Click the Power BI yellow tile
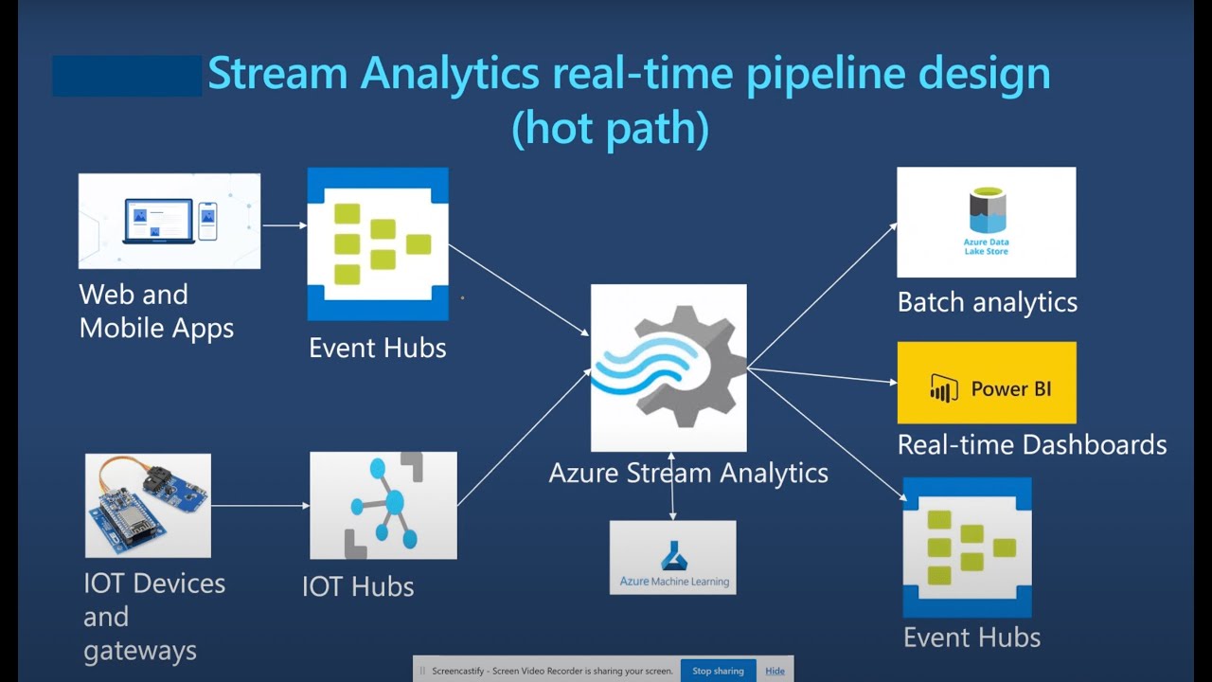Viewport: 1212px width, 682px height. click(x=987, y=383)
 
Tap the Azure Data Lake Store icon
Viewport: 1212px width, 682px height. click(x=986, y=222)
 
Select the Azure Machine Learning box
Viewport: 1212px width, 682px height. click(x=672, y=557)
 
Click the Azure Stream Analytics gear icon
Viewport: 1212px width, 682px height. click(x=668, y=368)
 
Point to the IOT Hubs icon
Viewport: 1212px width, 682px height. click(x=383, y=505)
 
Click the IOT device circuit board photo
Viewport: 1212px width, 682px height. click(x=148, y=505)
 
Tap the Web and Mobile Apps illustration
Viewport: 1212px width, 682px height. click(x=169, y=221)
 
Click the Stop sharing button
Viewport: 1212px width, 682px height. click(x=718, y=671)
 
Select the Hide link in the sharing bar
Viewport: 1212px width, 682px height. click(x=775, y=671)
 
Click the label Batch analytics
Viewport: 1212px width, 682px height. click(x=987, y=302)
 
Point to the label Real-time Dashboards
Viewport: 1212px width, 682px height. click(x=1031, y=444)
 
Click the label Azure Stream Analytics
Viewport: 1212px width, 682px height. click(x=688, y=473)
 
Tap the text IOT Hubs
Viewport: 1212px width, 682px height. click(x=358, y=586)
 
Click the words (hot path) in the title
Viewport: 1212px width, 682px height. click(x=610, y=128)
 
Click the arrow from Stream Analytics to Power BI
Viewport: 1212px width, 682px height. click(x=822, y=375)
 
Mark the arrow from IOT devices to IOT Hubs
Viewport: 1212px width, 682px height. click(x=260, y=506)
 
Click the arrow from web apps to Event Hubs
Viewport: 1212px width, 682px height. click(x=284, y=225)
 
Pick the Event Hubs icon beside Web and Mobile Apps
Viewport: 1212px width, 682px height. click(x=378, y=243)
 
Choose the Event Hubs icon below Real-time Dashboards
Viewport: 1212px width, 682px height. click(x=967, y=547)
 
